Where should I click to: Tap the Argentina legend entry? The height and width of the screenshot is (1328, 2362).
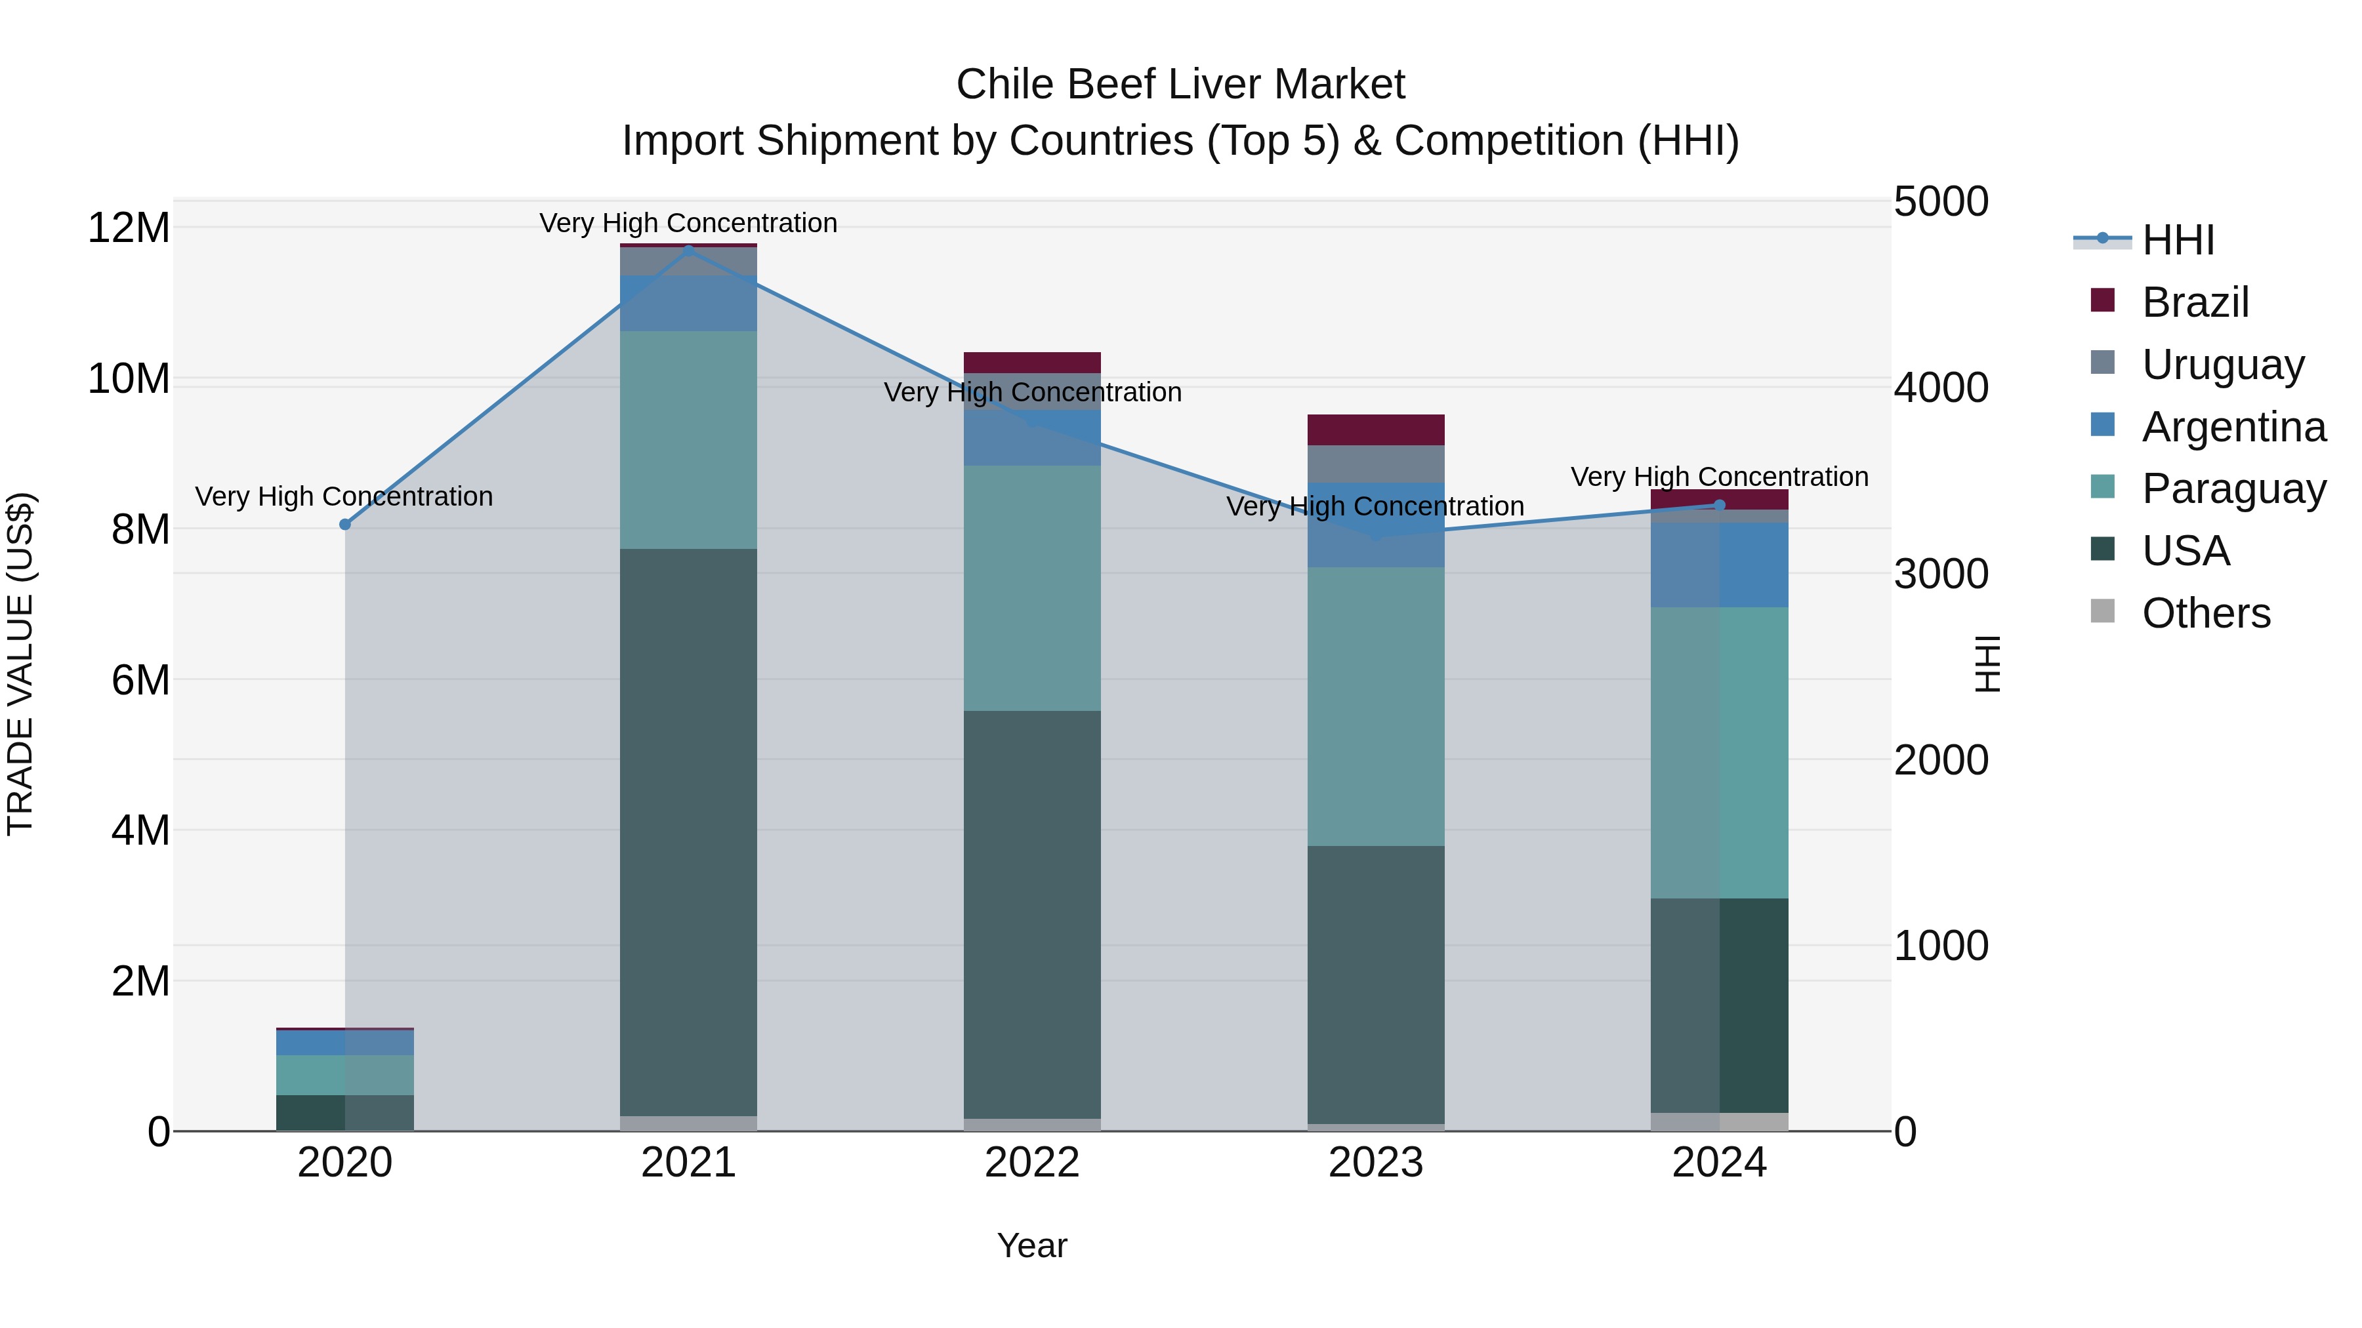[2233, 427]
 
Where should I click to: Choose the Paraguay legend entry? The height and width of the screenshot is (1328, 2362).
[2233, 489]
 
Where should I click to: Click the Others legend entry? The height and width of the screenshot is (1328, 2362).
[2206, 613]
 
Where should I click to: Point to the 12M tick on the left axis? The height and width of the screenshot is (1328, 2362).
[129, 228]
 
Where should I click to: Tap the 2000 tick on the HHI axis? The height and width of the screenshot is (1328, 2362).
[1941, 760]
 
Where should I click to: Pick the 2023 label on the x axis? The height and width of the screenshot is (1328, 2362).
[1375, 1163]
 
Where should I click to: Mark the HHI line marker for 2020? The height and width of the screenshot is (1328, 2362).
[344, 524]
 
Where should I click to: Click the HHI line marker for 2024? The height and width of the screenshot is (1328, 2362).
[1719, 505]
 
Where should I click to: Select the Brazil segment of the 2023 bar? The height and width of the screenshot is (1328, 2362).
[1375, 430]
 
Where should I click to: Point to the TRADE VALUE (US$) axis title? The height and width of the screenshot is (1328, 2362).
[20, 664]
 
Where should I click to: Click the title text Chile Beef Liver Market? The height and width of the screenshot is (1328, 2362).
[1180, 85]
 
